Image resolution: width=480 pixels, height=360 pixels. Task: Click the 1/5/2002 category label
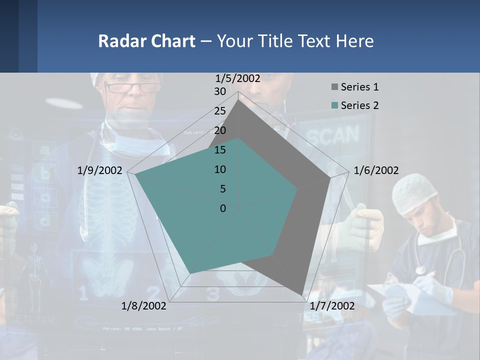coord(237,78)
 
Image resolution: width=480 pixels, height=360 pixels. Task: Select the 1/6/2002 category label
coord(376,170)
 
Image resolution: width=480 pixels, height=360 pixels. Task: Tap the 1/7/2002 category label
coord(332,306)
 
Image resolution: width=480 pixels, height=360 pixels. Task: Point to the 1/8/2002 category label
coord(144,306)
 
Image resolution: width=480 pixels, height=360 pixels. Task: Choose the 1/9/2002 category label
coord(99,170)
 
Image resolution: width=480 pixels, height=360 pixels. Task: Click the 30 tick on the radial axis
coord(220,91)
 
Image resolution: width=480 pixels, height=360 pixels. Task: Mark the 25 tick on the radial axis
coord(220,111)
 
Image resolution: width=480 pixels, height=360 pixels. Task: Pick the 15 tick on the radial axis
coord(220,150)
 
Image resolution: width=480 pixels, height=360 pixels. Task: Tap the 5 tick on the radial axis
coord(222,189)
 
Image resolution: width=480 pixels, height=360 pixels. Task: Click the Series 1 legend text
coord(359,87)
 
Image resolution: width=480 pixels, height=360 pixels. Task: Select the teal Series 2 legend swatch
coord(334,105)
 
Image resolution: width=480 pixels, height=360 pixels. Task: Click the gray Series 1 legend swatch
coord(334,87)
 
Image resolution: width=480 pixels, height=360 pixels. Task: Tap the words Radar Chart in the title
coord(146,41)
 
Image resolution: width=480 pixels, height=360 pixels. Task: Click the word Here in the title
coord(354,41)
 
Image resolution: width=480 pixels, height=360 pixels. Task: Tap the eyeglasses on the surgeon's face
coord(132,88)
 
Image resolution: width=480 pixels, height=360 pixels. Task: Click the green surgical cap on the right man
coord(414,193)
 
